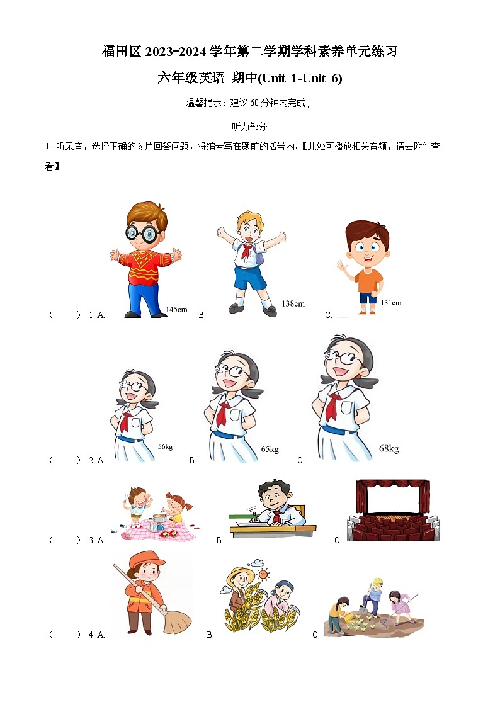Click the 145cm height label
tap(176, 309)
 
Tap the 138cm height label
tap(293, 303)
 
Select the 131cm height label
tap(390, 303)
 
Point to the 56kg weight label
tap(165, 446)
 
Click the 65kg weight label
tap(270, 449)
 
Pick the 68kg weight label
tap(389, 448)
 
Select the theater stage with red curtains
tap(392, 511)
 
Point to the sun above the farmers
tap(263, 574)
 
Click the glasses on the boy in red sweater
tap(140, 234)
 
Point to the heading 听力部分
tap(249, 127)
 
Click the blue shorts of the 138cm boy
tap(250, 277)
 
